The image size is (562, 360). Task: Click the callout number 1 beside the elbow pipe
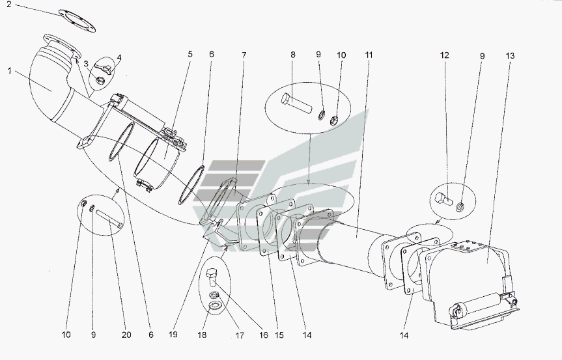pos(10,71)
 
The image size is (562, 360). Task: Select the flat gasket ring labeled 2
pos(77,20)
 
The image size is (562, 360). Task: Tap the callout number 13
pos(511,56)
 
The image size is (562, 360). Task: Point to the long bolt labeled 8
pos(297,102)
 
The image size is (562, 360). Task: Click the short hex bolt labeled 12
pos(444,199)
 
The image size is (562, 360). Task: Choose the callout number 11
pos(369,55)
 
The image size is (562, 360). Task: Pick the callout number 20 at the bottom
pos(126,335)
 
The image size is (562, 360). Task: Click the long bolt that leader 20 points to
pos(109,219)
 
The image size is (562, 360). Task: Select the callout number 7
pos(244,55)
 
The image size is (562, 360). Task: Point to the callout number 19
pos(173,335)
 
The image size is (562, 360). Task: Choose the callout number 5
pos(190,54)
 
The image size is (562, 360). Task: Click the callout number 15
pos(279,335)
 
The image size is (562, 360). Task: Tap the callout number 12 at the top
pos(444,55)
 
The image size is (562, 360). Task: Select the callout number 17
pos(240,336)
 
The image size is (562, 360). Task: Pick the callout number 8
pos(293,55)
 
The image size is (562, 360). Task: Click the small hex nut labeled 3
pos(101,80)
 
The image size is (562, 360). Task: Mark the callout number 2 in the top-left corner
pos(9,5)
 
